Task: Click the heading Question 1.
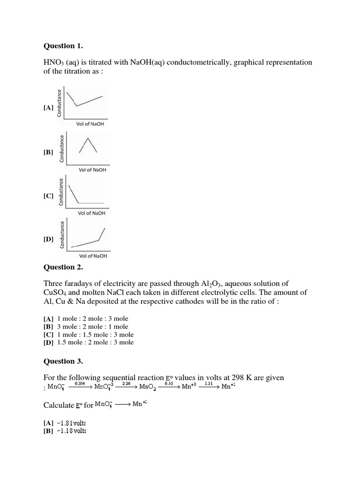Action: coord(63,46)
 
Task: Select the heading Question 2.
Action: coord(63,267)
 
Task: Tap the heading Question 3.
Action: coord(63,361)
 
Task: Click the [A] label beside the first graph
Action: coord(48,108)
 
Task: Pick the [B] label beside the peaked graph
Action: coord(48,152)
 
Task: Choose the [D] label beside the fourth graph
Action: coord(48,239)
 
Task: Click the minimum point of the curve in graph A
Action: coord(77,106)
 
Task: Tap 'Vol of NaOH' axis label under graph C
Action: coord(92,213)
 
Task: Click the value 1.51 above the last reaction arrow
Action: coord(210,383)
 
